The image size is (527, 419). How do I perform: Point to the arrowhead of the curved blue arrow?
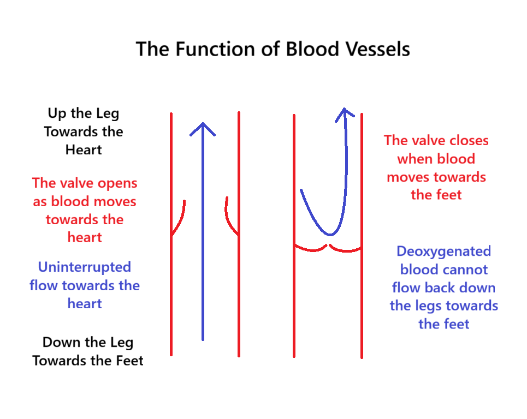tap(344, 111)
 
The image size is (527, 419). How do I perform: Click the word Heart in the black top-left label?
tap(84, 149)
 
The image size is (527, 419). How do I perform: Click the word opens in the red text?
tap(116, 183)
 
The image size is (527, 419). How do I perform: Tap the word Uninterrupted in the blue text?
tap(85, 267)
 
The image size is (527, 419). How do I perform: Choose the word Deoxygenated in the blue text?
tap(443, 251)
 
